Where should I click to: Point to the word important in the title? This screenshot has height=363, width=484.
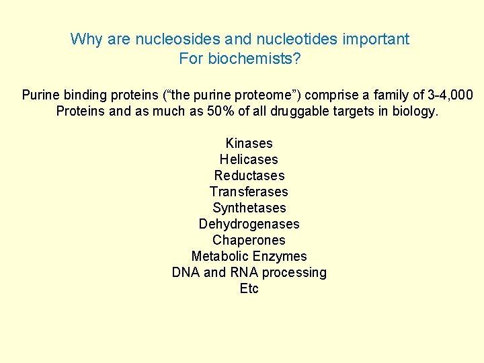pos(376,39)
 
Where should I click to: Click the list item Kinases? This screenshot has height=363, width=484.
pos(249,143)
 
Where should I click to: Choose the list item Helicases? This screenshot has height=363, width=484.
pos(249,159)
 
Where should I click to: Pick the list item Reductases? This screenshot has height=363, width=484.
pos(249,175)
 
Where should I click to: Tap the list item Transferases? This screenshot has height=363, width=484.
pos(249,192)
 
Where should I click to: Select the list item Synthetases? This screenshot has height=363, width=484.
pos(249,208)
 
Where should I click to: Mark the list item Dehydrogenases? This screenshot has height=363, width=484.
pos(249,224)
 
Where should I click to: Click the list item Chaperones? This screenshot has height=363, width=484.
pos(249,240)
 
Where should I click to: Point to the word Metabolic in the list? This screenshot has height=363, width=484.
pos(219,256)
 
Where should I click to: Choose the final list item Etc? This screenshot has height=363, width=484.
pos(249,288)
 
